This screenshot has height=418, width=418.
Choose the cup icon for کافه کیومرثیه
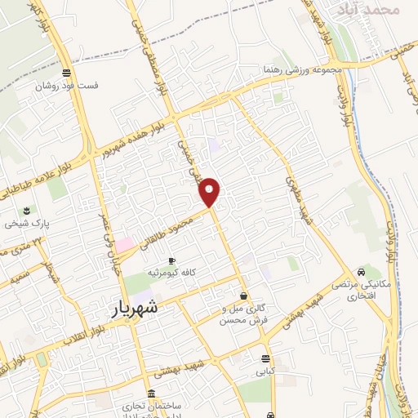pyautogui.click(x=171, y=261)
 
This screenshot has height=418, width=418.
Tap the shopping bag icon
pyautogui.click(x=242, y=296)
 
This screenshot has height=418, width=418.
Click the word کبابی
pyautogui.click(x=266, y=371)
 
